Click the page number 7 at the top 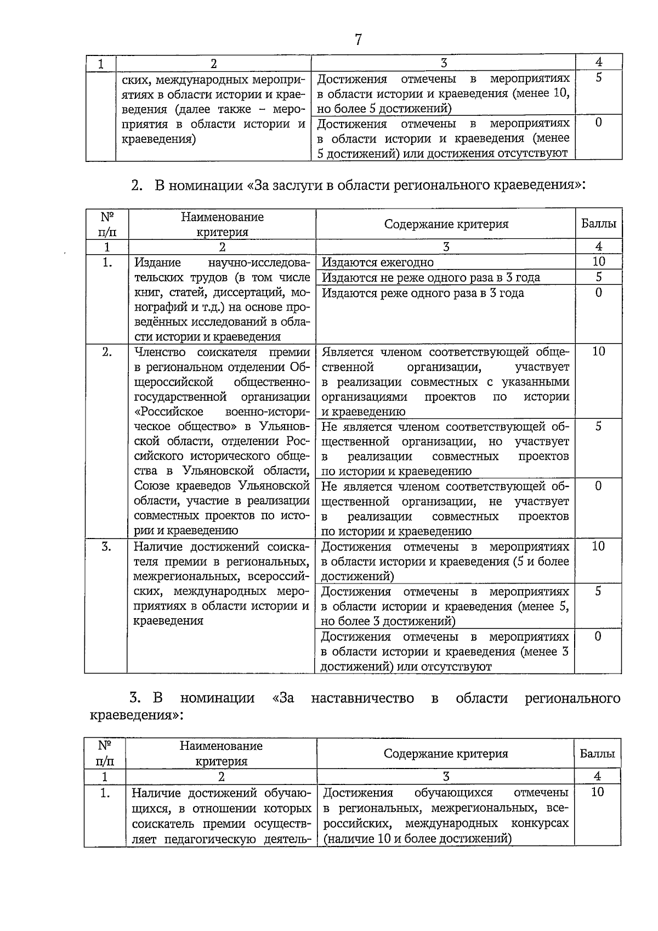click(358, 40)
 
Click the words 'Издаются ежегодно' click(377, 262)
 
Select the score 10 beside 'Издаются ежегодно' click(598, 262)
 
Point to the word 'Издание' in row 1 click(157, 262)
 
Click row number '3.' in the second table click(106, 546)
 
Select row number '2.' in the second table click(106, 352)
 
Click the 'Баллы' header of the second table click(598, 224)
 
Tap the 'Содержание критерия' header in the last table click(445, 754)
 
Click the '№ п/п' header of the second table click(106, 224)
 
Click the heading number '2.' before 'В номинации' click(137, 186)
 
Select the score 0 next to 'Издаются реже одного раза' click(598, 292)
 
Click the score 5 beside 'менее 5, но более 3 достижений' click(598, 591)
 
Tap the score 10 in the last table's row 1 click(597, 792)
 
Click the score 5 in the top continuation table click(598, 78)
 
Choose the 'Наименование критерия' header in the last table click(221, 753)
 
